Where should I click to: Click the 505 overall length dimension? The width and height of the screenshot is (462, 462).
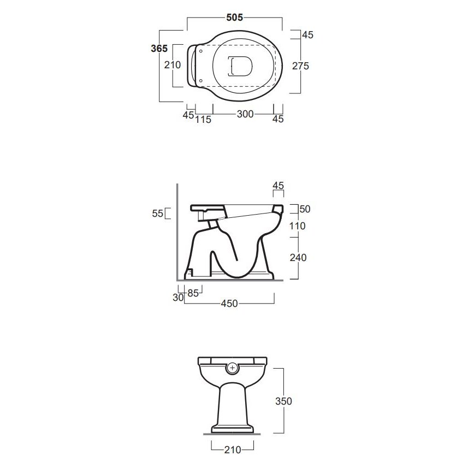(234, 17)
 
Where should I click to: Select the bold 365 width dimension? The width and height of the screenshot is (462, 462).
(159, 48)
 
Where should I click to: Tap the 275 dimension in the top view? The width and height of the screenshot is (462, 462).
(300, 66)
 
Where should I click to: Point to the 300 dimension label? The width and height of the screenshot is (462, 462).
(245, 114)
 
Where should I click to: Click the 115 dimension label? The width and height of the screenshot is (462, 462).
(203, 120)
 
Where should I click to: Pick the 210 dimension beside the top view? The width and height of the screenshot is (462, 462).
(173, 65)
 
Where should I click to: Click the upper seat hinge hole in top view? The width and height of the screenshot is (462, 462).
(201, 51)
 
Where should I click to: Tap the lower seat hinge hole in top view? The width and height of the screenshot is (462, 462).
(201, 80)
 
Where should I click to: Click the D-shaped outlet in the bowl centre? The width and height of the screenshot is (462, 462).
(240, 66)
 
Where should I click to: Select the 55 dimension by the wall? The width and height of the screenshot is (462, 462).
(157, 214)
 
